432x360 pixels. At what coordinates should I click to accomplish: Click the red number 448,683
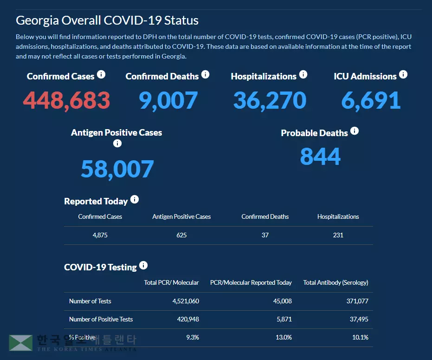pos(66,100)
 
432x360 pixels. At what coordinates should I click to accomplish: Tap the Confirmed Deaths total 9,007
pos(168,100)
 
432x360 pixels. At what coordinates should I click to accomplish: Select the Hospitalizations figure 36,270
pos(270,100)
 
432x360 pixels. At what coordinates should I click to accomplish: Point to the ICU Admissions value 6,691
pos(371,100)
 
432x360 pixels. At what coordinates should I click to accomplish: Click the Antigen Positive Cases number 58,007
pos(117,169)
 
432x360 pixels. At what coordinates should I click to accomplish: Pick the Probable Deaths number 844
pos(320,156)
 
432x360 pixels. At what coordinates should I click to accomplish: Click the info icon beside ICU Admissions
pos(403,74)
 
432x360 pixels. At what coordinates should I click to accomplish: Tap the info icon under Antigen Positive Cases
pos(117,143)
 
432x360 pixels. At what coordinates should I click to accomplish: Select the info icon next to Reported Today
pos(135,199)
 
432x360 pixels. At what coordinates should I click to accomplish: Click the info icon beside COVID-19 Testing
pos(143,265)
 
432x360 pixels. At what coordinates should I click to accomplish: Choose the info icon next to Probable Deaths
pos(355,131)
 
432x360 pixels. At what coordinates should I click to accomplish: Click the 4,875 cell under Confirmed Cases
pos(100,235)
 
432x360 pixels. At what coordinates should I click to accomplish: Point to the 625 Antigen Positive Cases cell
pos(181,235)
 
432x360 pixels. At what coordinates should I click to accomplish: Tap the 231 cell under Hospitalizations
pos(338,235)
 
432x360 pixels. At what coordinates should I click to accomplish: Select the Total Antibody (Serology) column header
pos(335,282)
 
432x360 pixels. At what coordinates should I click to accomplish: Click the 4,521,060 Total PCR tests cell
pos(186,301)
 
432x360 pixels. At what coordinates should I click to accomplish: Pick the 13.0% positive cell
pos(284,337)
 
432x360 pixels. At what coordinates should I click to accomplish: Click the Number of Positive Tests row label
pos(101,319)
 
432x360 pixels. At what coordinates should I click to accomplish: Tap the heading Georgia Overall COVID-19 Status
pos(107,20)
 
